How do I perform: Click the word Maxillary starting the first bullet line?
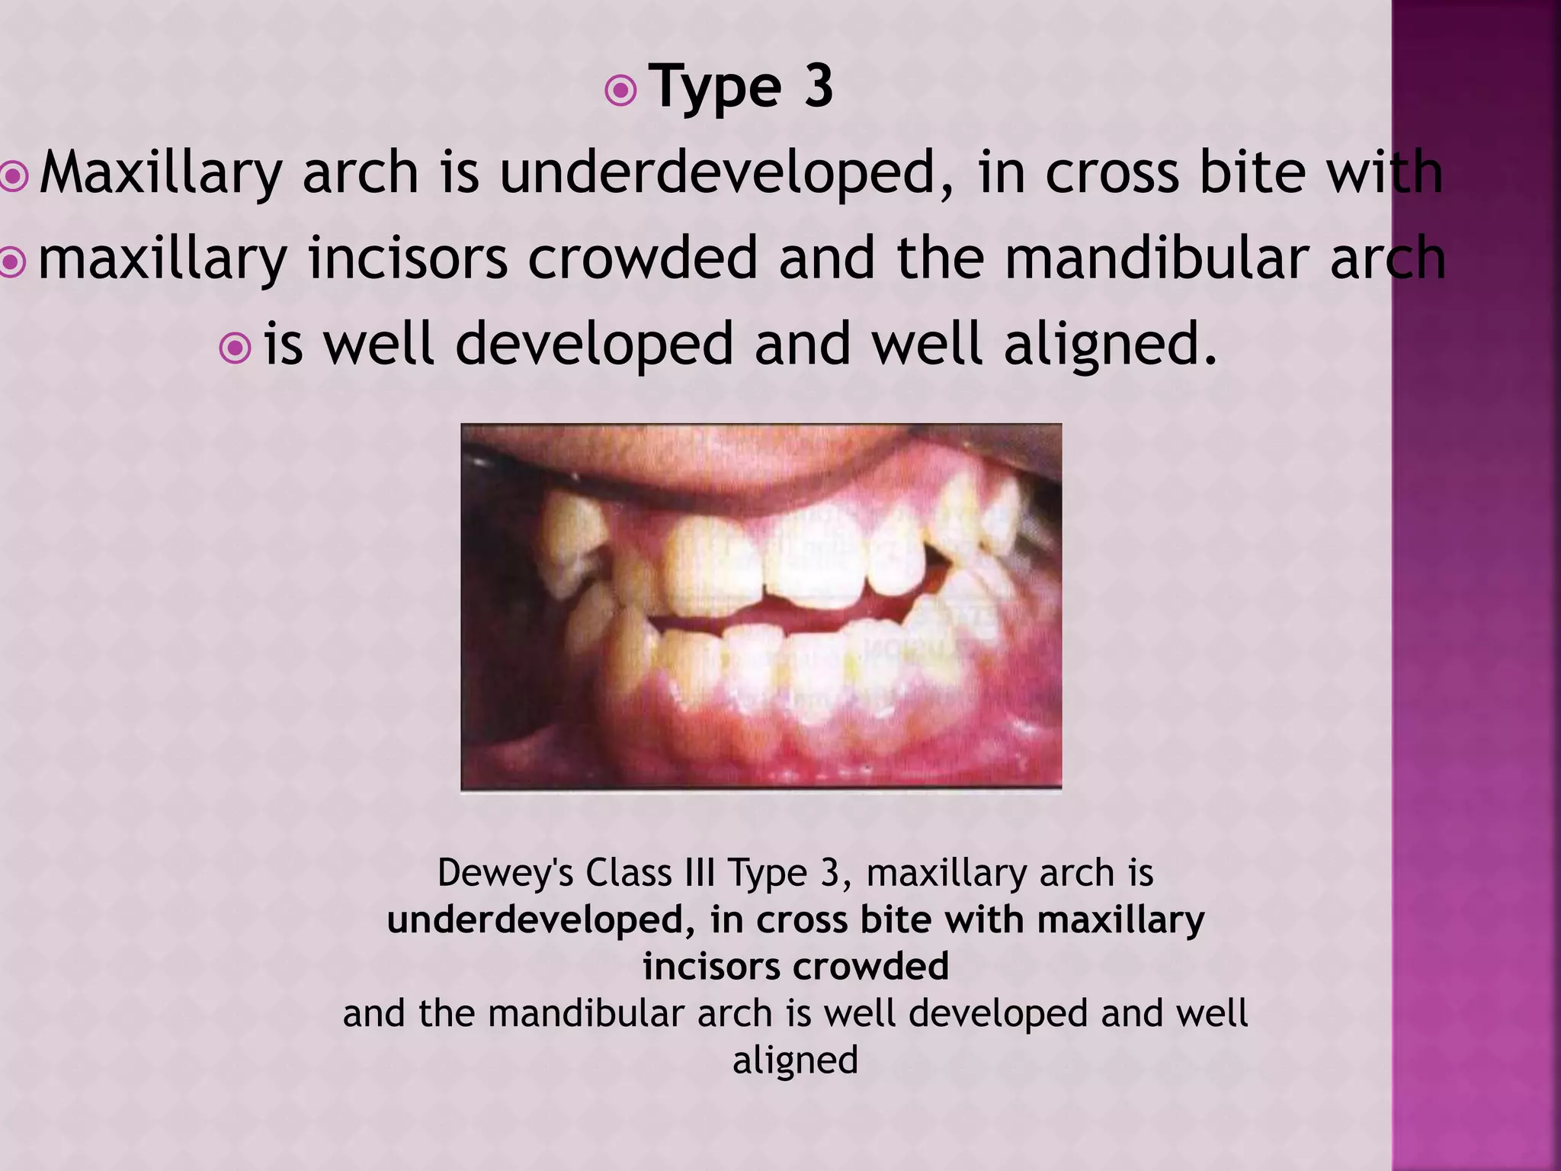(161, 175)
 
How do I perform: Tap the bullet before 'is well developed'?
(235, 348)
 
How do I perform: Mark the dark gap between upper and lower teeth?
(785, 614)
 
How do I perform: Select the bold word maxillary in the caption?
(1120, 920)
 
